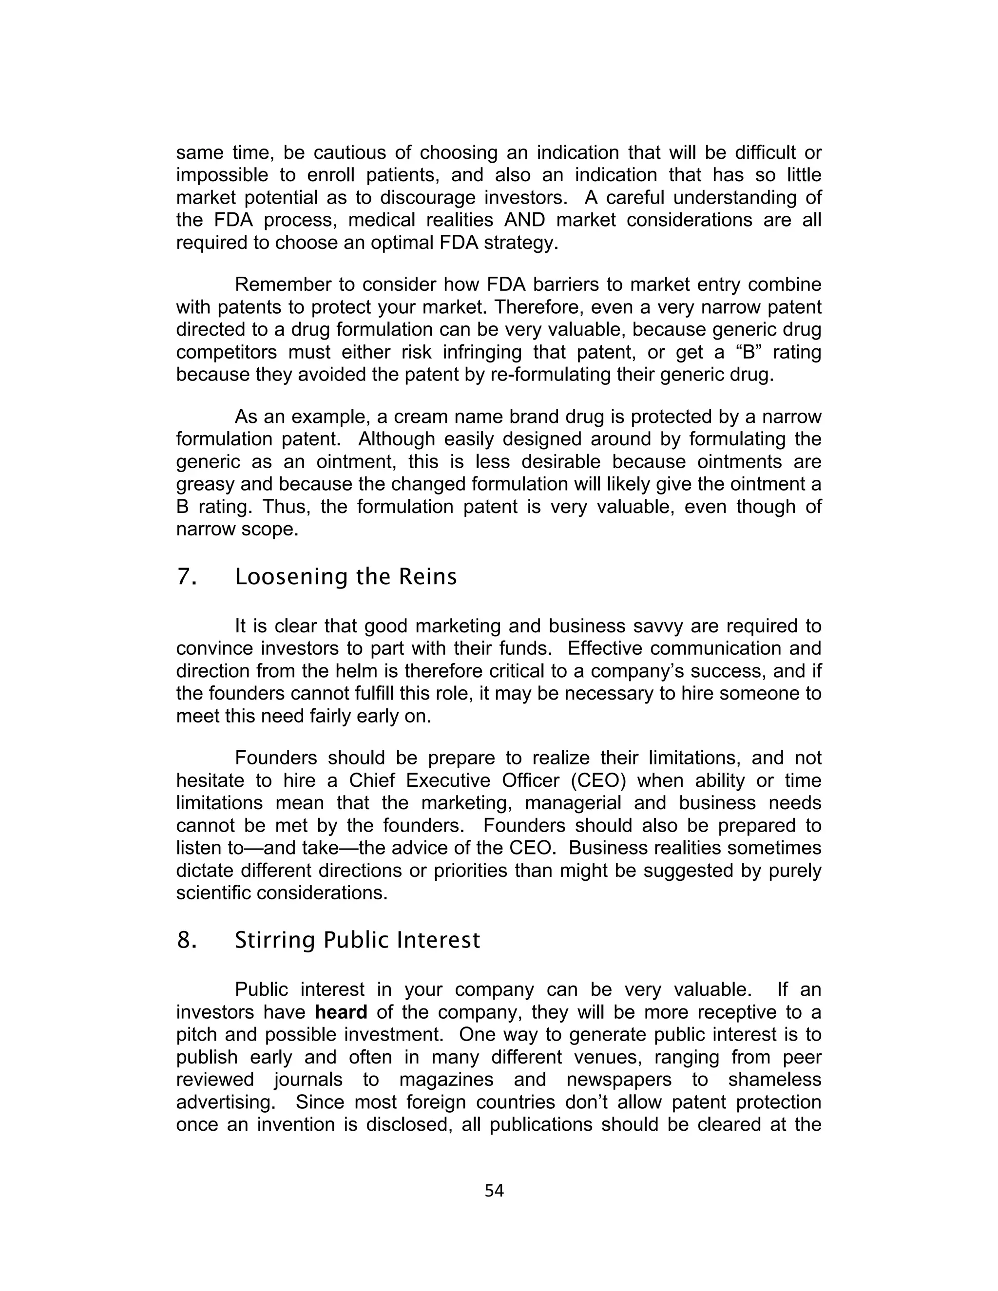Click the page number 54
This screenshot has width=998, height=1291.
click(x=494, y=1191)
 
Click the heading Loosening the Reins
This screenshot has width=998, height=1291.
click(x=346, y=577)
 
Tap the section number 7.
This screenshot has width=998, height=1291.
click(x=186, y=577)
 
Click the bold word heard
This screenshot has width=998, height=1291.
click(x=341, y=1013)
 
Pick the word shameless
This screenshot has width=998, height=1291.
click(x=774, y=1080)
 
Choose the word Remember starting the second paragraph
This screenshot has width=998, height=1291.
click(x=282, y=285)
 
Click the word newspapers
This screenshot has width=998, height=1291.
click(x=619, y=1080)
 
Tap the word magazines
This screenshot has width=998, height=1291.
click(x=446, y=1080)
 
